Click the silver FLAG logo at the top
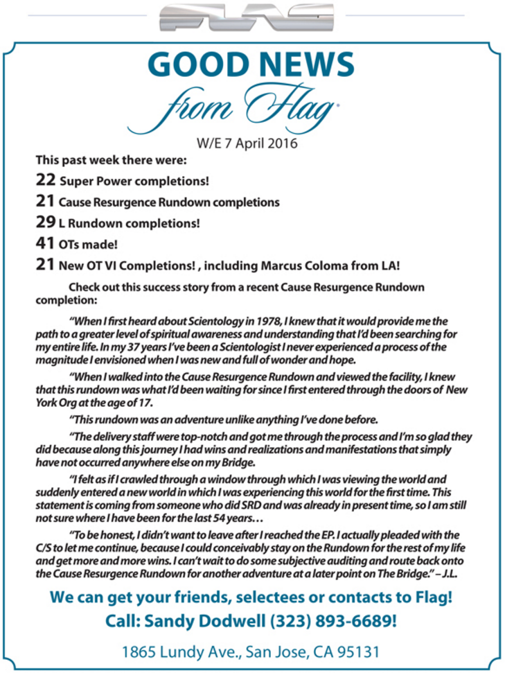[246, 18]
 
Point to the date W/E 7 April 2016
[247, 143]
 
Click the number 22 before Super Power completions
[45, 181]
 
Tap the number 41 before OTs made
[45, 243]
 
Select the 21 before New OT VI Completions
[45, 264]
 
